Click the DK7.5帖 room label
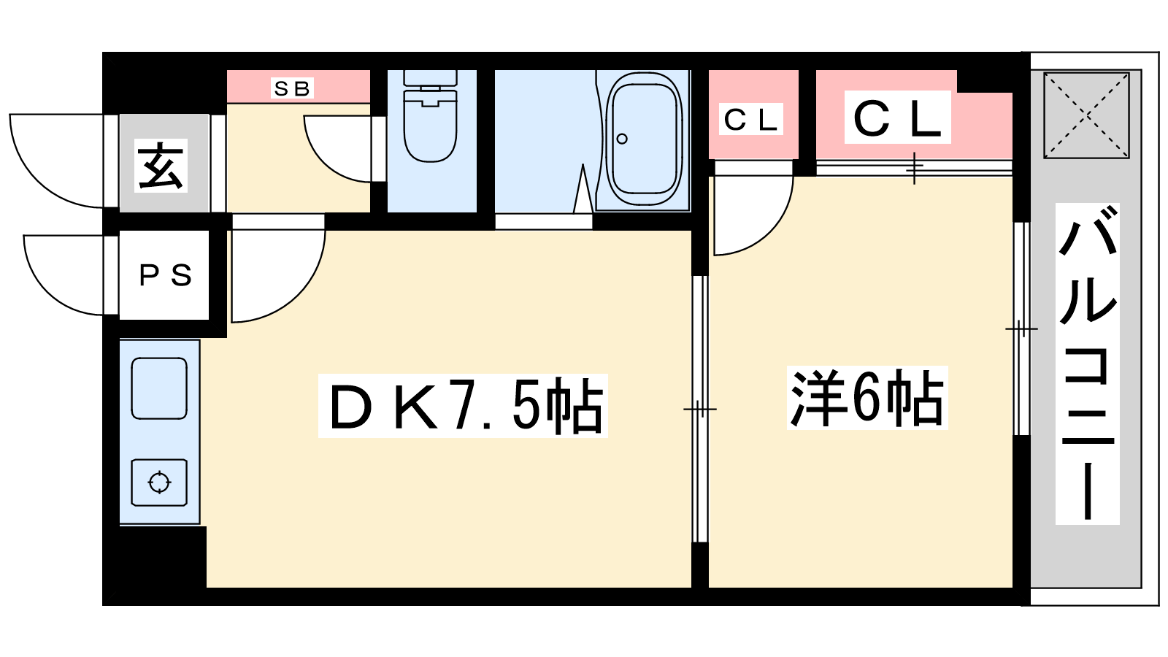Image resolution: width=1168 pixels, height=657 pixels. tap(463, 406)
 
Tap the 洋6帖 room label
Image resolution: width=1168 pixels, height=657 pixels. tap(867, 398)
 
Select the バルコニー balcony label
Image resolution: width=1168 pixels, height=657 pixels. tap(1087, 364)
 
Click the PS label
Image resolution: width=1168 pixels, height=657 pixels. tap(165, 274)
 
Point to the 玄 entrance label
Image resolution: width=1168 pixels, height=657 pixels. tap(161, 165)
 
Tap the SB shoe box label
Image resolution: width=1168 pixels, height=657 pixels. tap(292, 88)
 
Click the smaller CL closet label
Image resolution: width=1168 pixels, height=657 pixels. tap(751, 120)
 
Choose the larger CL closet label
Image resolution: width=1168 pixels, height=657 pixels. tap(897, 118)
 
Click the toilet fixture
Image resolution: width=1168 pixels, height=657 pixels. tap(431, 116)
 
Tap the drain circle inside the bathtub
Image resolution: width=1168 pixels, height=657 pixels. tap(621, 139)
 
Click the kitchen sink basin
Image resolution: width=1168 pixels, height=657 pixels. tap(159, 388)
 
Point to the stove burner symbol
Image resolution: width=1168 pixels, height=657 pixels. tap(159, 483)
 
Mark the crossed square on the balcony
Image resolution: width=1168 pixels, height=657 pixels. tap(1087, 115)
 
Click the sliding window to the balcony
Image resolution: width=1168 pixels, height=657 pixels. tap(1021, 329)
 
